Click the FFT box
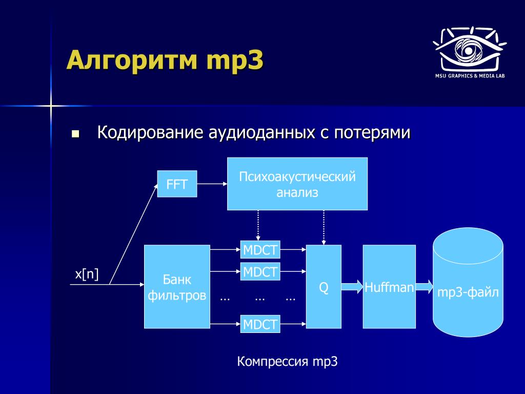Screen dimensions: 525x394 click(x=177, y=184)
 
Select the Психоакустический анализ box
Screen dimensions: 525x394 click(x=297, y=184)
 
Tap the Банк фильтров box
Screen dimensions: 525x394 click(x=177, y=286)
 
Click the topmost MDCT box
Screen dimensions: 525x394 click(x=260, y=250)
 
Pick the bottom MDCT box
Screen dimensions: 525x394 click(x=260, y=324)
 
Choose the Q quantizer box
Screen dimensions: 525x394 click(x=324, y=286)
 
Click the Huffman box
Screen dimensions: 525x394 click(x=390, y=286)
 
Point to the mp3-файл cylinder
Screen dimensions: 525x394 click(x=468, y=283)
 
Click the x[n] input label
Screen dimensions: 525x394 click(x=87, y=274)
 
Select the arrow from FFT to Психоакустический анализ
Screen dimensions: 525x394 click(x=212, y=184)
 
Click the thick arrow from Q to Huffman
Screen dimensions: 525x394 click(x=352, y=286)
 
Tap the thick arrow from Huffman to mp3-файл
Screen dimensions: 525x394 click(x=424, y=286)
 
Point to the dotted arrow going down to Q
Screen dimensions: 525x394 click(x=324, y=227)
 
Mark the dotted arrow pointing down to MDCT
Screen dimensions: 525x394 click(x=258, y=226)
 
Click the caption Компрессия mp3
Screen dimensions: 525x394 click(x=287, y=362)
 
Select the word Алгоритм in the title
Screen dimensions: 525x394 click(x=132, y=60)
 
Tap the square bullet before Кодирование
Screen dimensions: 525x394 click(x=76, y=134)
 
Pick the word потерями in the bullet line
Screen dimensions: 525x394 click(x=372, y=133)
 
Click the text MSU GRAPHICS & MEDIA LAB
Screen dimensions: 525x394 click(x=470, y=76)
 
